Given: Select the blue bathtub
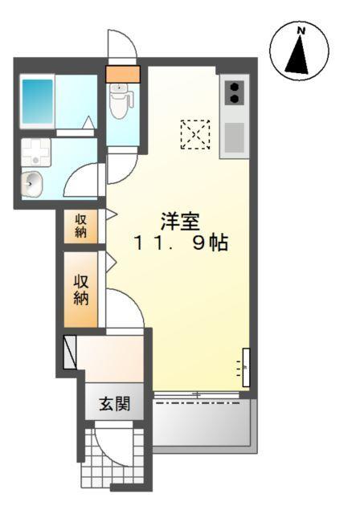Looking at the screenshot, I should click(37, 99).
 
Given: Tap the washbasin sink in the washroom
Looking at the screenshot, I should click(33, 183).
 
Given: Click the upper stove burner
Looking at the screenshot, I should click(235, 86).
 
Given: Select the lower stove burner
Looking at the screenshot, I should click(235, 99).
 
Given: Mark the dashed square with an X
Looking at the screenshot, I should click(194, 134).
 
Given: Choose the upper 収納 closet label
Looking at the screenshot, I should click(82, 226).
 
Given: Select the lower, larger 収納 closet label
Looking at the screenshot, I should click(82, 290).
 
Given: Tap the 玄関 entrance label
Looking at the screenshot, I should click(115, 404).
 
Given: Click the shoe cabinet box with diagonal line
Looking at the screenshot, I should click(70, 351).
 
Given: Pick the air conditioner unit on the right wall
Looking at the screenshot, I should click(246, 368).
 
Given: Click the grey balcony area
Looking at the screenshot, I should click(204, 424).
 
